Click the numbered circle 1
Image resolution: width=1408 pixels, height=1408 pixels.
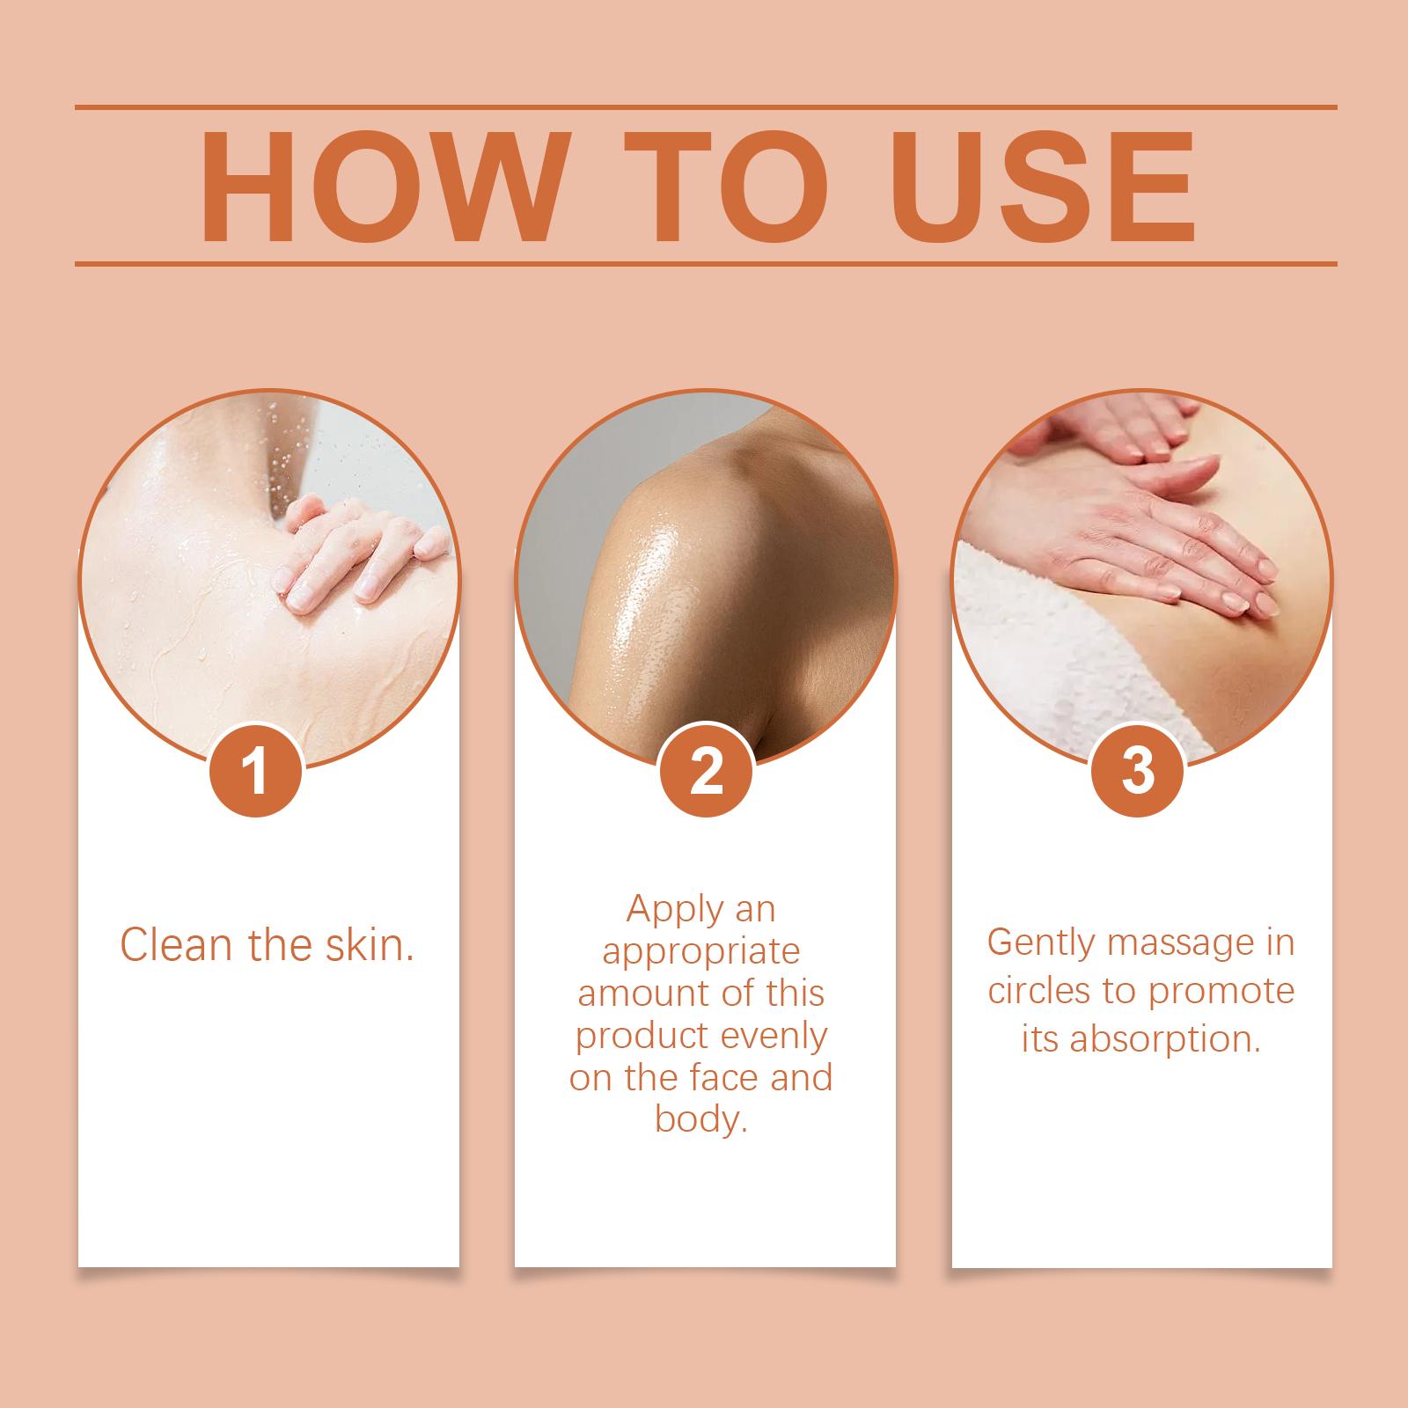256,770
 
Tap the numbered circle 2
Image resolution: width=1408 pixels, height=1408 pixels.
706,770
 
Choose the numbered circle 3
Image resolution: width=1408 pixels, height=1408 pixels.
1138,770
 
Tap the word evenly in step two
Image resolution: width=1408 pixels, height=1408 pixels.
774,1037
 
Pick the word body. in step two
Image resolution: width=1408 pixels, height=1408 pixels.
701,1119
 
